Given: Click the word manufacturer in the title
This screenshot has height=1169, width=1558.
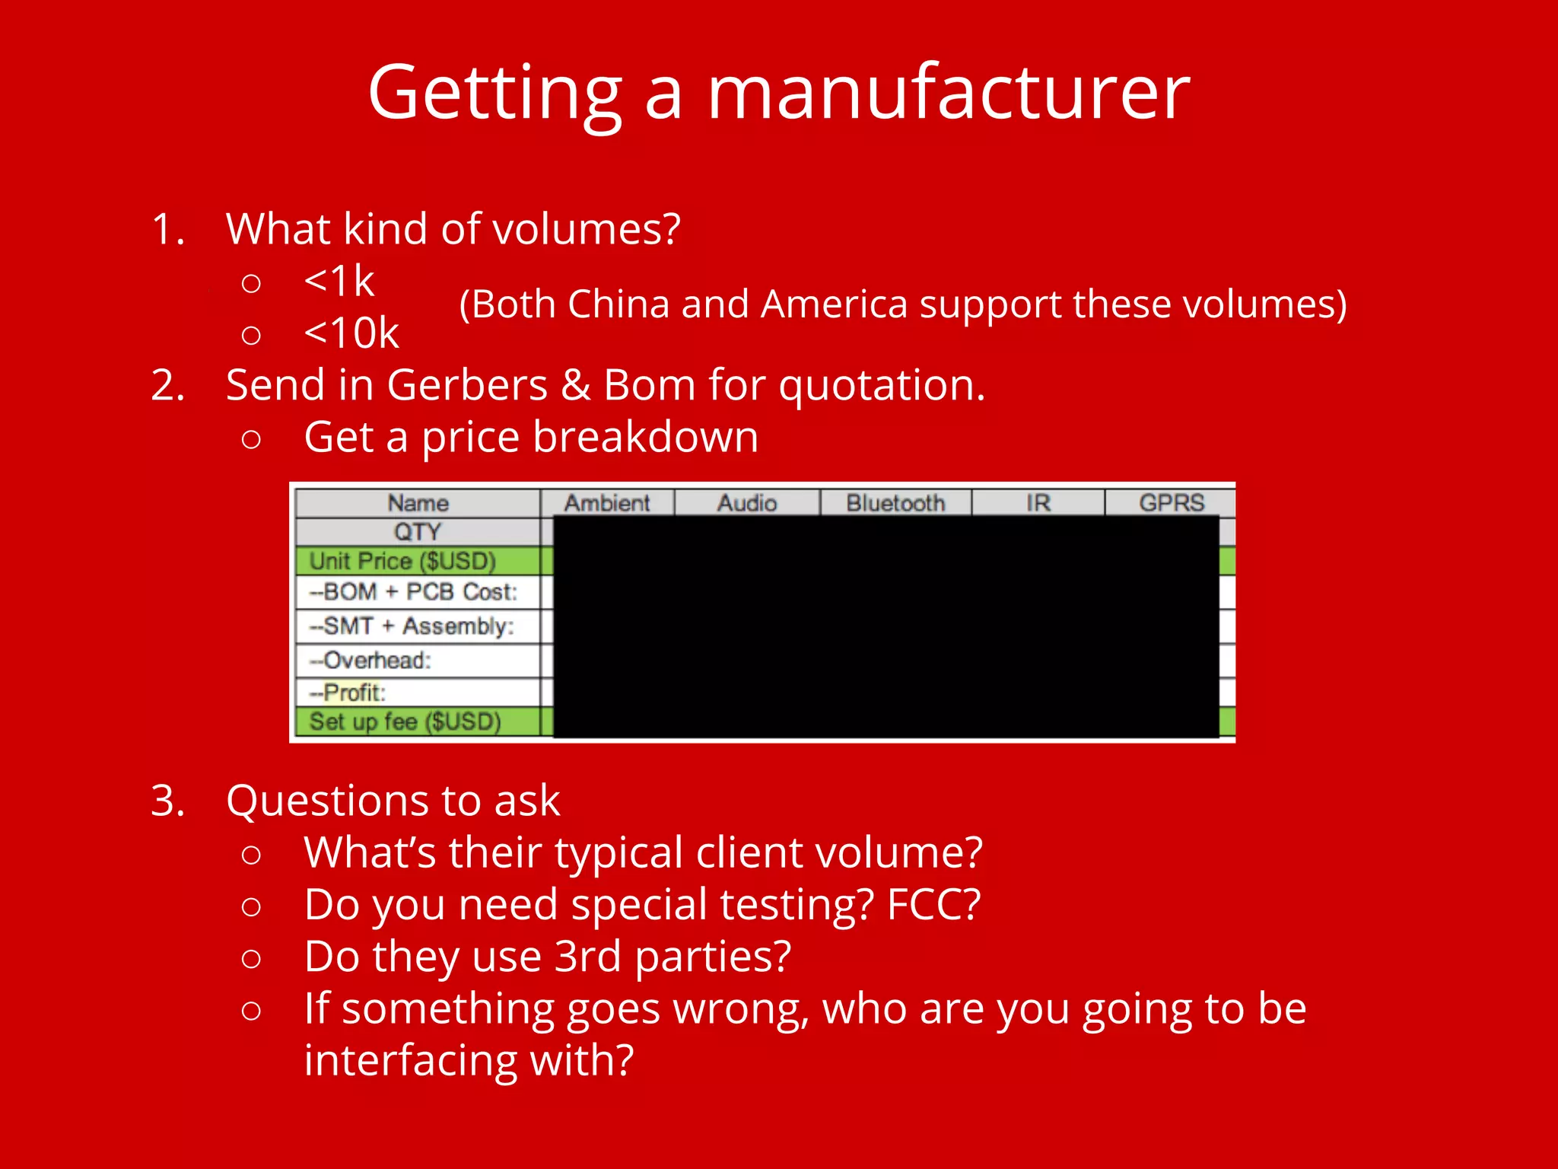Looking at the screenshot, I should (x=948, y=93).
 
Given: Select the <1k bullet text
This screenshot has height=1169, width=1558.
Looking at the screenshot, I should (x=339, y=282).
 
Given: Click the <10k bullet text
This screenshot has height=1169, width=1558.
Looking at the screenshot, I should (x=351, y=333).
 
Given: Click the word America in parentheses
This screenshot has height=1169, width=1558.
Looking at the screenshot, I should (x=835, y=304).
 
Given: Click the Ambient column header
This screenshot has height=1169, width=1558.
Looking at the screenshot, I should (x=607, y=503).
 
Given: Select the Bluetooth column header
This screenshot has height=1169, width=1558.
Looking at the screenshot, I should (x=895, y=503).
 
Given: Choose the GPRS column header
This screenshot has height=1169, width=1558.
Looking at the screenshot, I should (x=1172, y=503).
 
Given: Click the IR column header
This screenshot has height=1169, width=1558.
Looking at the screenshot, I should (x=1038, y=503).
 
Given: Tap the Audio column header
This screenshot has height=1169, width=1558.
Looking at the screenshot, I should (x=747, y=503).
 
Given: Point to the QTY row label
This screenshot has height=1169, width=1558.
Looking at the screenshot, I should (x=417, y=531).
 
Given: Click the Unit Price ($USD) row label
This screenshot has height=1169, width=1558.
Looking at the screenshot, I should (x=402, y=562).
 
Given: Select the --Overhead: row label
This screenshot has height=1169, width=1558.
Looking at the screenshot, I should (x=370, y=660).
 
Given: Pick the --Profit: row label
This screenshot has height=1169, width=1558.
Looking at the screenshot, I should (x=348, y=693).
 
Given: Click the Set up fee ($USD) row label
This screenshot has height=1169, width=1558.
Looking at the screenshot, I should (x=405, y=721).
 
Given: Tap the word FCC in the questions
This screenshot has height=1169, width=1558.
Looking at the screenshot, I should (x=933, y=906).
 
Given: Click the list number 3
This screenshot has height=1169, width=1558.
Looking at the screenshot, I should (x=167, y=801).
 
